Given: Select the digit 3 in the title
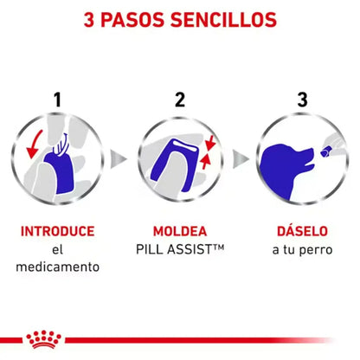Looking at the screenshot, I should tap(89, 18).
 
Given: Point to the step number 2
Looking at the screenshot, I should tap(179, 100).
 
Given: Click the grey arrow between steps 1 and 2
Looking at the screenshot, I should tap(120, 160).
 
